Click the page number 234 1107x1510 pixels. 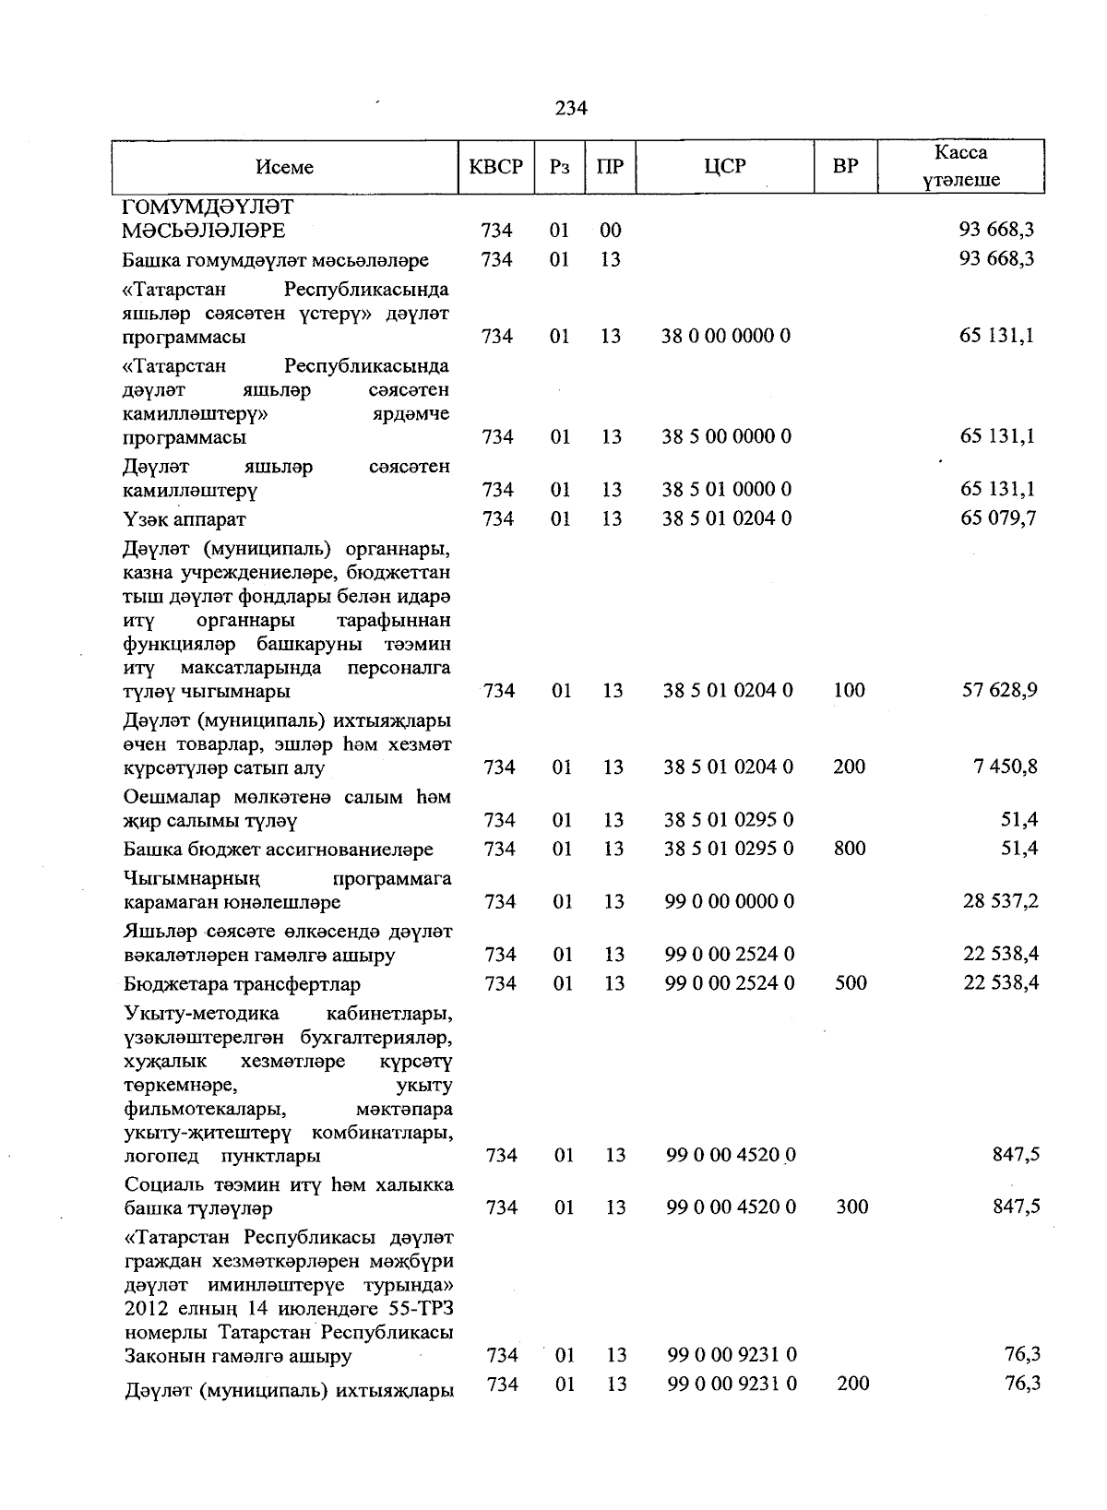pos(571,108)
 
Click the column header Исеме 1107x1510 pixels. pos(285,167)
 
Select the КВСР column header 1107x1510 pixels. pos(496,167)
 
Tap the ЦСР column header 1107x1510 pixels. pos(724,166)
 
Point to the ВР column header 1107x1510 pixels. pos(845,166)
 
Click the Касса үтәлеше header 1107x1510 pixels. pos(960,166)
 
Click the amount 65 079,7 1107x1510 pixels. pos(998,518)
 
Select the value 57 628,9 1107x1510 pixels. pos(1000,690)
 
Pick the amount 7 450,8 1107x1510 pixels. pos(1005,767)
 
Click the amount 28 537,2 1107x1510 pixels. pos(1000,901)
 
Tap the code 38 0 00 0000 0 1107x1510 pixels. pos(726,336)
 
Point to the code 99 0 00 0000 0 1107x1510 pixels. pos(729,901)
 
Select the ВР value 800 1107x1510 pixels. pos(850,848)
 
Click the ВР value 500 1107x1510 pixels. pos(851,983)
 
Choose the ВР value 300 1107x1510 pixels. pos(851,1207)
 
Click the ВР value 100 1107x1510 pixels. pos(849,690)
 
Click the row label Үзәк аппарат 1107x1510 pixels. pos(184,519)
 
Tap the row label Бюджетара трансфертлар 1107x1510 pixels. pos(242,984)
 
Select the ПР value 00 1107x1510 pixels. pos(610,230)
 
